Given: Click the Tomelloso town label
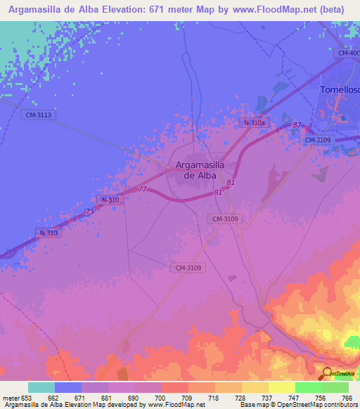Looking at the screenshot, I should coord(340,90).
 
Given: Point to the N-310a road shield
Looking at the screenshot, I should coord(254,123).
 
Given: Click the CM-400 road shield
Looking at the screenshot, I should coord(347,53).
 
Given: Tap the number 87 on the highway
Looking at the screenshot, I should coord(297,124).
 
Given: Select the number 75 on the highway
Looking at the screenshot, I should coord(89,212).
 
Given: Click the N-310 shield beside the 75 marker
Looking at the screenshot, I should coord(110,200).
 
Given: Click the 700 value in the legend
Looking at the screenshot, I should coord(161,398).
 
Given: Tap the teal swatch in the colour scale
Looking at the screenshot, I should coord(41,387).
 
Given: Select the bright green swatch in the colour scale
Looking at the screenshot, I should coord(308,387).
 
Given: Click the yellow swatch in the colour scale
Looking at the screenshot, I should coord(281,387).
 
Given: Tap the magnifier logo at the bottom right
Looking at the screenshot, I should coord(327,374).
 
